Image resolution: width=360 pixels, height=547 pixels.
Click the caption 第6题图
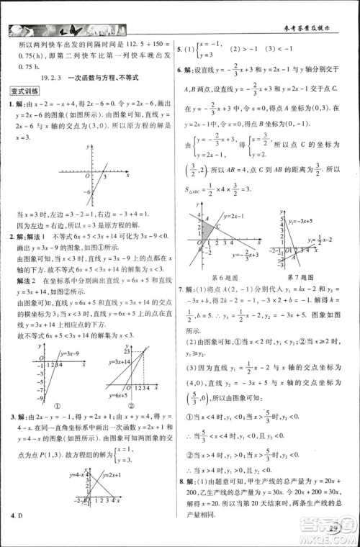[223, 276]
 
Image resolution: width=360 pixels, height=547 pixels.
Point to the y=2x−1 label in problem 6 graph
[235, 216]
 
